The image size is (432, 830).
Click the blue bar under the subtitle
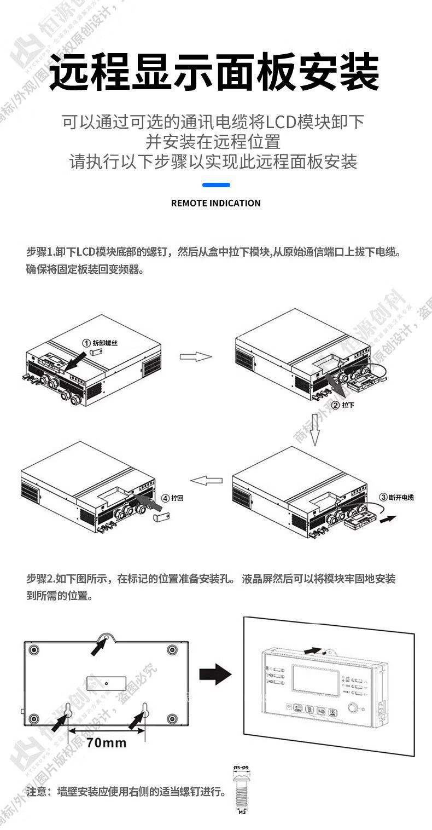tap(216, 185)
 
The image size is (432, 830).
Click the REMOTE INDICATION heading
tap(215, 203)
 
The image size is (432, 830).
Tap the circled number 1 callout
tap(86, 343)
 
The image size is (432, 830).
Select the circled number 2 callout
tap(335, 405)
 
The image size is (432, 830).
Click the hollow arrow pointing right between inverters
tap(196, 357)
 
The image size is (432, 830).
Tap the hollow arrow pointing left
tap(206, 480)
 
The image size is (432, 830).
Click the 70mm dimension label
tap(107, 743)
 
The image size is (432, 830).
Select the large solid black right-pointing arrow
tap(215, 674)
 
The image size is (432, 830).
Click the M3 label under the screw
tap(242, 813)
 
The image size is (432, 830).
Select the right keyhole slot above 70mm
tap(146, 710)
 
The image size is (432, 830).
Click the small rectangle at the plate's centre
tap(107, 683)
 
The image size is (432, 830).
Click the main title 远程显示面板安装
tap(215, 71)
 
